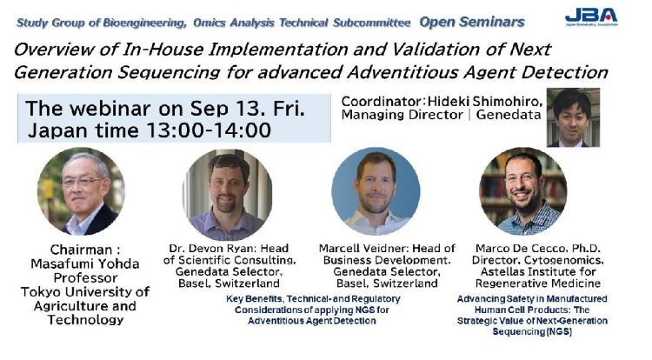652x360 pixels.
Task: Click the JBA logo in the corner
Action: [590, 17]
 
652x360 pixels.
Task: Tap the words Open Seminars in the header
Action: [472, 20]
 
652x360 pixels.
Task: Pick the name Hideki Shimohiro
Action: [485, 99]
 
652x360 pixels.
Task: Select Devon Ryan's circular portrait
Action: [228, 194]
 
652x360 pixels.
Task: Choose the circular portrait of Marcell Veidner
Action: [376, 191]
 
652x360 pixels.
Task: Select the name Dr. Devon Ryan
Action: [204, 248]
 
